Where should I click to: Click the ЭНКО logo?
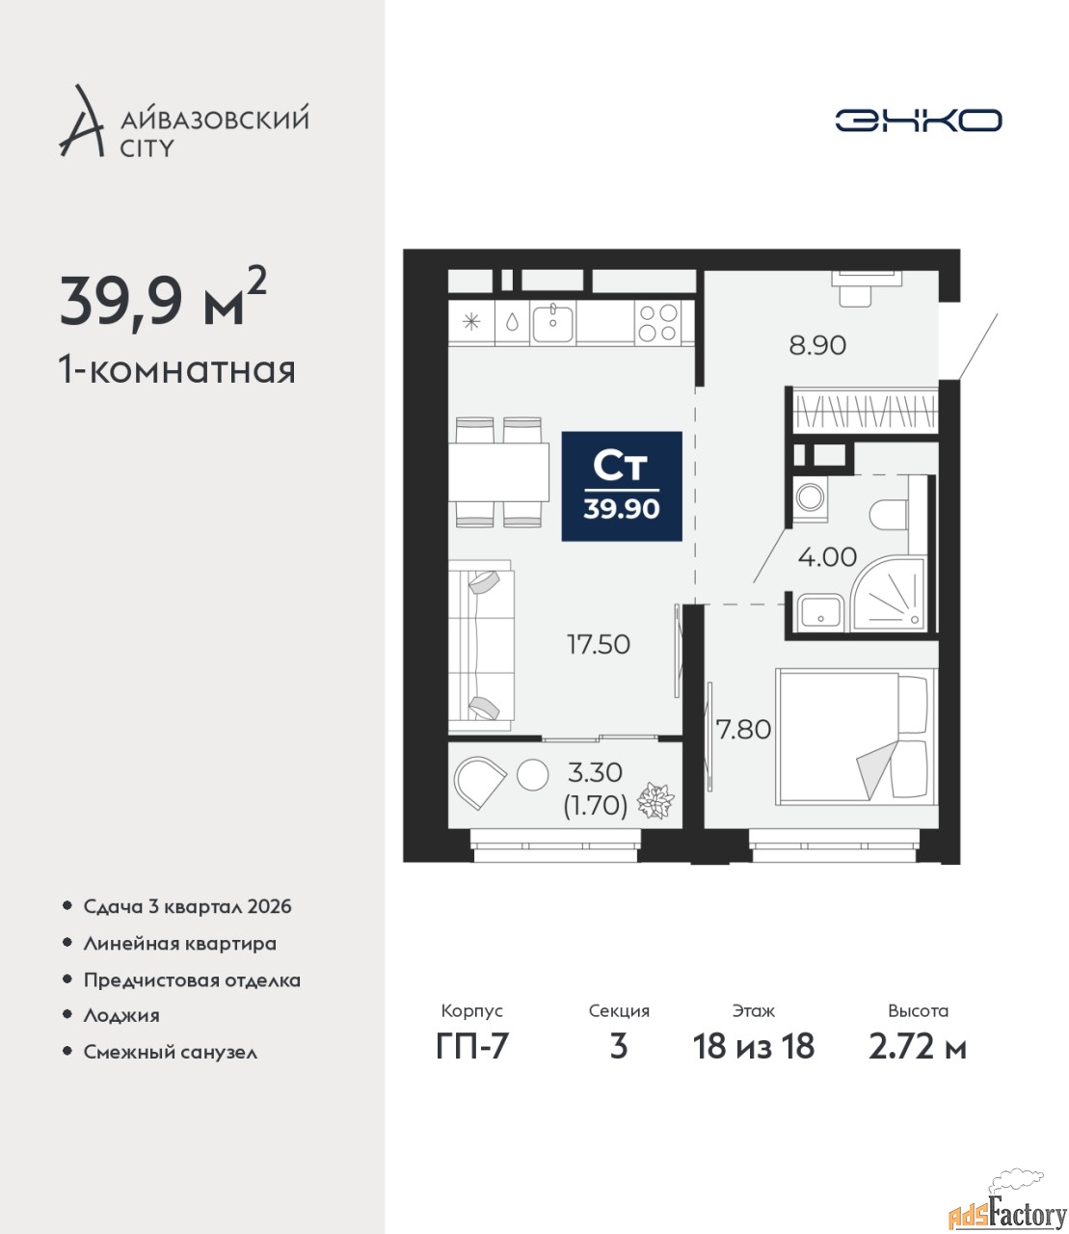click(918, 120)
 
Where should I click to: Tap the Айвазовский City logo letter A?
click(81, 122)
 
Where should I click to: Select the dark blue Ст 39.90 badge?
click(622, 486)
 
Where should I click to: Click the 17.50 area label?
click(599, 645)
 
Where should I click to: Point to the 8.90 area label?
click(817, 346)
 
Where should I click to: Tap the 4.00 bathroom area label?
click(827, 557)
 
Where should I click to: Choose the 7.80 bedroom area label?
click(744, 730)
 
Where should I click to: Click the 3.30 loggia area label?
click(595, 773)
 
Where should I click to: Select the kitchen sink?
click(553, 322)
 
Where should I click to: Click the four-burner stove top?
click(657, 322)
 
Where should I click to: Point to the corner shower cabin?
click(889, 593)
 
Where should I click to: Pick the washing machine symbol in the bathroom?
click(811, 496)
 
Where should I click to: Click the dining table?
click(498, 472)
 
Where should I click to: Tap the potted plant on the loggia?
click(655, 800)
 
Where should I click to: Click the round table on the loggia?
click(532, 775)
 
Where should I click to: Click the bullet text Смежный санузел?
click(170, 1052)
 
